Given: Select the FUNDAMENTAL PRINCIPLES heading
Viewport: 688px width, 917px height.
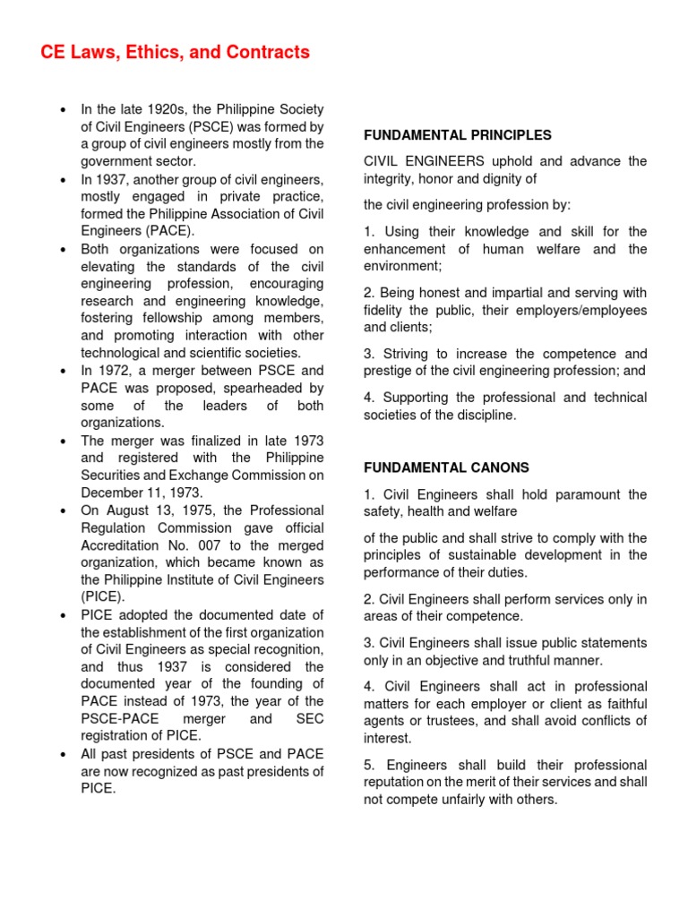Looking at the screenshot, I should (x=457, y=135).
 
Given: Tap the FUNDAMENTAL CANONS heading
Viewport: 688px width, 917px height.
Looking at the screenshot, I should (x=446, y=467).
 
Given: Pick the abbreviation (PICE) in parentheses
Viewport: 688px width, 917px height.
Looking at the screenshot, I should (x=103, y=596).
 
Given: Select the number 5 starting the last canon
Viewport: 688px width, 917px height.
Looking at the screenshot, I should (x=368, y=766).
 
